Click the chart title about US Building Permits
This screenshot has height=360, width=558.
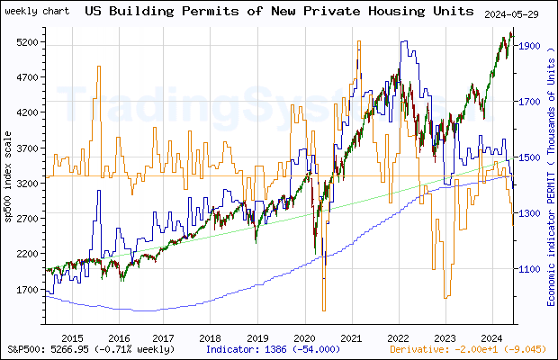click(x=278, y=12)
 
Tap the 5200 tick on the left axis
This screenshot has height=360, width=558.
click(x=28, y=42)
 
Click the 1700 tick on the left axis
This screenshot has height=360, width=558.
click(x=28, y=290)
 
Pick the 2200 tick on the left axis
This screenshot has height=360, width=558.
click(x=28, y=255)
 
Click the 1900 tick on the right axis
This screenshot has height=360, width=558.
click(x=531, y=46)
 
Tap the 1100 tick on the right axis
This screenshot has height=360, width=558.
click(x=531, y=269)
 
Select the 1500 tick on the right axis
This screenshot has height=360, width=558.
click(x=531, y=157)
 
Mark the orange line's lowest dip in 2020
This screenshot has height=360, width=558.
click(x=323, y=310)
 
